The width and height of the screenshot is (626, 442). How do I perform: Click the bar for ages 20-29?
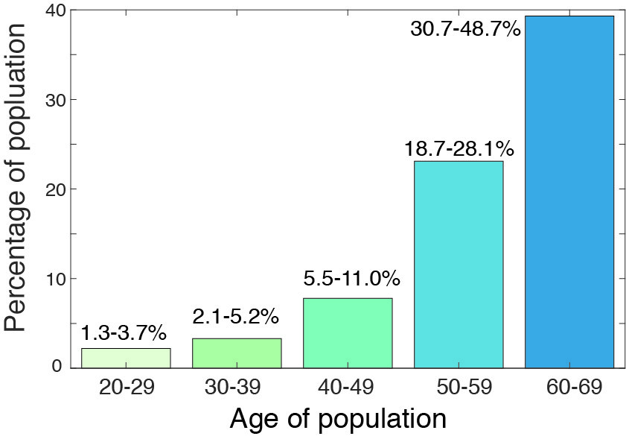(126, 358)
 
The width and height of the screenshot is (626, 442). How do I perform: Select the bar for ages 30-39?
(237, 353)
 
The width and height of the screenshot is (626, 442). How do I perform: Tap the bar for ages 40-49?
(348, 333)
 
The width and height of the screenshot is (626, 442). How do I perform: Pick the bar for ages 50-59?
(459, 265)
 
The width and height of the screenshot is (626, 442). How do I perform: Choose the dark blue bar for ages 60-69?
(569, 192)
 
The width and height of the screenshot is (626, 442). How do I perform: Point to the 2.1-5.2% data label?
(236, 317)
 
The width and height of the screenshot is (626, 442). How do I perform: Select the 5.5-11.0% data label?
(352, 280)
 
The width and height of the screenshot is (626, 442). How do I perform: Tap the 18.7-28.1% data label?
(459, 147)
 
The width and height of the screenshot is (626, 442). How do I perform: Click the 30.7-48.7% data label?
(465, 31)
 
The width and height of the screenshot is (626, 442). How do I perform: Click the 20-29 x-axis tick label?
(126, 388)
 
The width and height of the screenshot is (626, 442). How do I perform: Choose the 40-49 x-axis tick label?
(348, 388)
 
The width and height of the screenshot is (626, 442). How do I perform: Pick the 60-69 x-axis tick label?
(569, 388)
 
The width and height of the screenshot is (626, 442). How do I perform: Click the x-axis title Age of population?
(338, 419)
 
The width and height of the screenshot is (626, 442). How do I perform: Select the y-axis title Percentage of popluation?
(18, 177)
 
